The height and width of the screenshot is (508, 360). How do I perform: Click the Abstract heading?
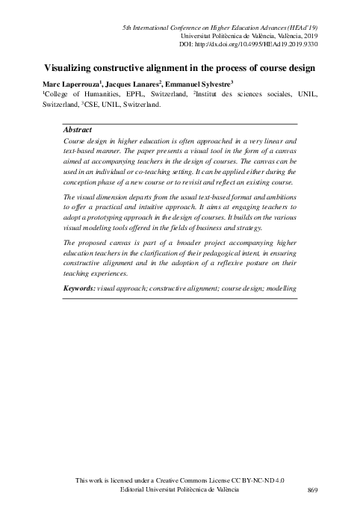78,129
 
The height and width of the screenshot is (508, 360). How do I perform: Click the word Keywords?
79,288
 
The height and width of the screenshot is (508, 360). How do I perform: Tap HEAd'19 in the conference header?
303,27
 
